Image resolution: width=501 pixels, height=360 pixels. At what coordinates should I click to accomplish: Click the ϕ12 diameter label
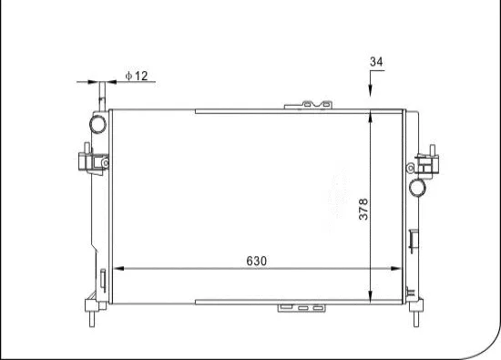(x=137, y=76)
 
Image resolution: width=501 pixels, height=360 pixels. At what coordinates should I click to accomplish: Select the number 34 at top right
(x=375, y=62)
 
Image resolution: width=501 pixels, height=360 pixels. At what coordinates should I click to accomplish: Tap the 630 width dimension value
(x=256, y=261)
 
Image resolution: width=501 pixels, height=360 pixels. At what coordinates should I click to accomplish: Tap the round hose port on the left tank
(x=97, y=123)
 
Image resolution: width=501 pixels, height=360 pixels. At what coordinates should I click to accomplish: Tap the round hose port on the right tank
(x=417, y=188)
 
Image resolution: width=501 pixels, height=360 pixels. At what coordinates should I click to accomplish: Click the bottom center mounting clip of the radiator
(x=302, y=309)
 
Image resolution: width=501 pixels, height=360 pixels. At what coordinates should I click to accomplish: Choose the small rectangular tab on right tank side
(x=415, y=242)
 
